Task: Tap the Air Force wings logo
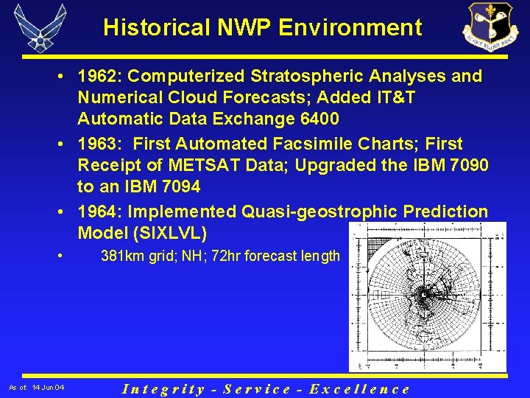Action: tap(40, 28)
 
